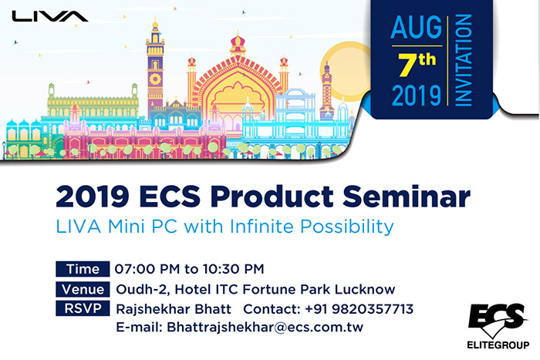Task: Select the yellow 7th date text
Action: click(x=416, y=61)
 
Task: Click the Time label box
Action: click(x=83, y=269)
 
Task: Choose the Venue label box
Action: click(x=83, y=289)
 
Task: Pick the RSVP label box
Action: click(x=83, y=309)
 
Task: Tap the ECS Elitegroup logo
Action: click(x=498, y=323)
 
